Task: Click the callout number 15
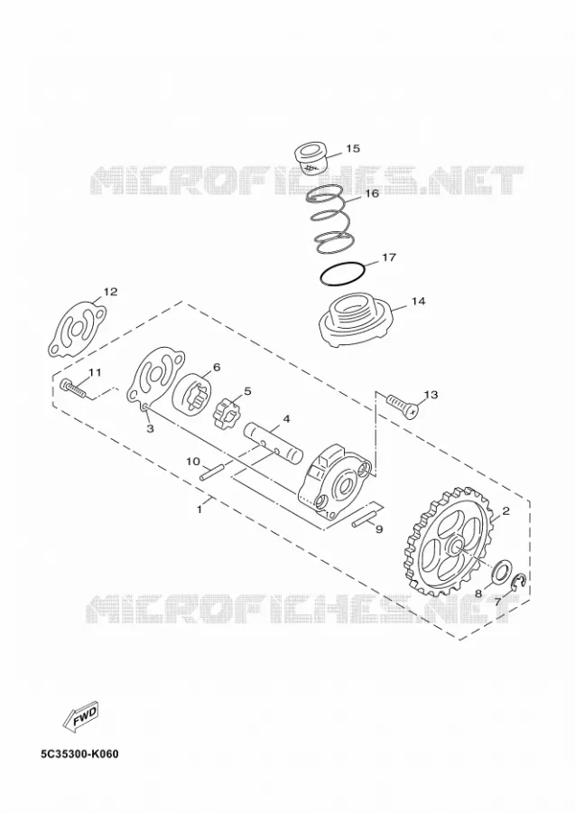coord(353,148)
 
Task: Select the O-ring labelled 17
coord(343,275)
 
